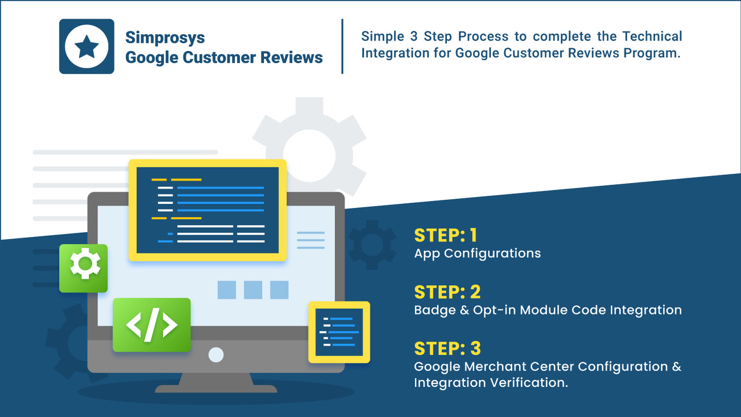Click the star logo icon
87,46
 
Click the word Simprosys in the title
165,38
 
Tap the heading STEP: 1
446,235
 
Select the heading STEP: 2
447,292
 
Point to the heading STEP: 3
447,348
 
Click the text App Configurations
478,253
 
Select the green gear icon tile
83,268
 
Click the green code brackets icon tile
152,325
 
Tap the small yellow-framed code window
339,332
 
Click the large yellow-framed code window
207,210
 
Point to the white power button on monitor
216,354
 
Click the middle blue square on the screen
253,290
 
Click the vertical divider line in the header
342,46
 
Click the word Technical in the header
652,36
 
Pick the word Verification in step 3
529,383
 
